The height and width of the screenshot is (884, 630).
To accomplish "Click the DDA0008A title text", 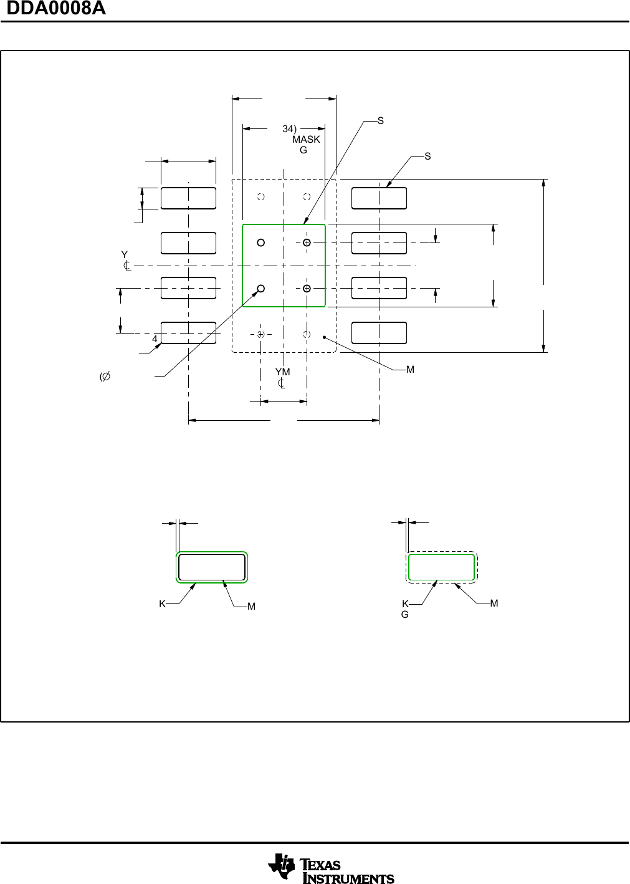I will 56,9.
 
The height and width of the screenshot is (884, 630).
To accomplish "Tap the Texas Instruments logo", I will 331,868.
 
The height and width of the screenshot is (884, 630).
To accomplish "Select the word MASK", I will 306,140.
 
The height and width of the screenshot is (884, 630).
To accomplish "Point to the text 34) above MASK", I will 289,129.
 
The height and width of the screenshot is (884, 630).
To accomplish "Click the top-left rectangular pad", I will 188,198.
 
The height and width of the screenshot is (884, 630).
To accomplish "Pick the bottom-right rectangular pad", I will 379,333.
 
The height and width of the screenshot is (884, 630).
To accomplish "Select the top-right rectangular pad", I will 379,198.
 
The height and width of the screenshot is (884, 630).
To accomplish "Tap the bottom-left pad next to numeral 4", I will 188,333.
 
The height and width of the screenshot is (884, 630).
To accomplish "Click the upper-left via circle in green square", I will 261,243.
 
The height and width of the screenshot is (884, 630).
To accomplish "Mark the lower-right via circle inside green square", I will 307,288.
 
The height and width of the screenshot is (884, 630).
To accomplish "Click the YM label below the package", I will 282,372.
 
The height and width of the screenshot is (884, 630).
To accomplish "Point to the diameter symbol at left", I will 105,377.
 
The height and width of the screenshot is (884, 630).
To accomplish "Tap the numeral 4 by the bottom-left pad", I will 155,339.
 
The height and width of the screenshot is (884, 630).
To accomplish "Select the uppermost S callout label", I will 381,121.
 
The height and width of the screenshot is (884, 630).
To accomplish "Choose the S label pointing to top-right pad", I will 427,156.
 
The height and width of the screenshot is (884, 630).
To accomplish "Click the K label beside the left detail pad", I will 162,604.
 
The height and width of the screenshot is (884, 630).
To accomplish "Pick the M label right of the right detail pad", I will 494,603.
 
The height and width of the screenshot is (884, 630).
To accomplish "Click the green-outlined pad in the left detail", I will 212,567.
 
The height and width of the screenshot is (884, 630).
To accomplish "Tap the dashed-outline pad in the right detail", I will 441,567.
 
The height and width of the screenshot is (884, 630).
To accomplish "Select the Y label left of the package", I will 124,255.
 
